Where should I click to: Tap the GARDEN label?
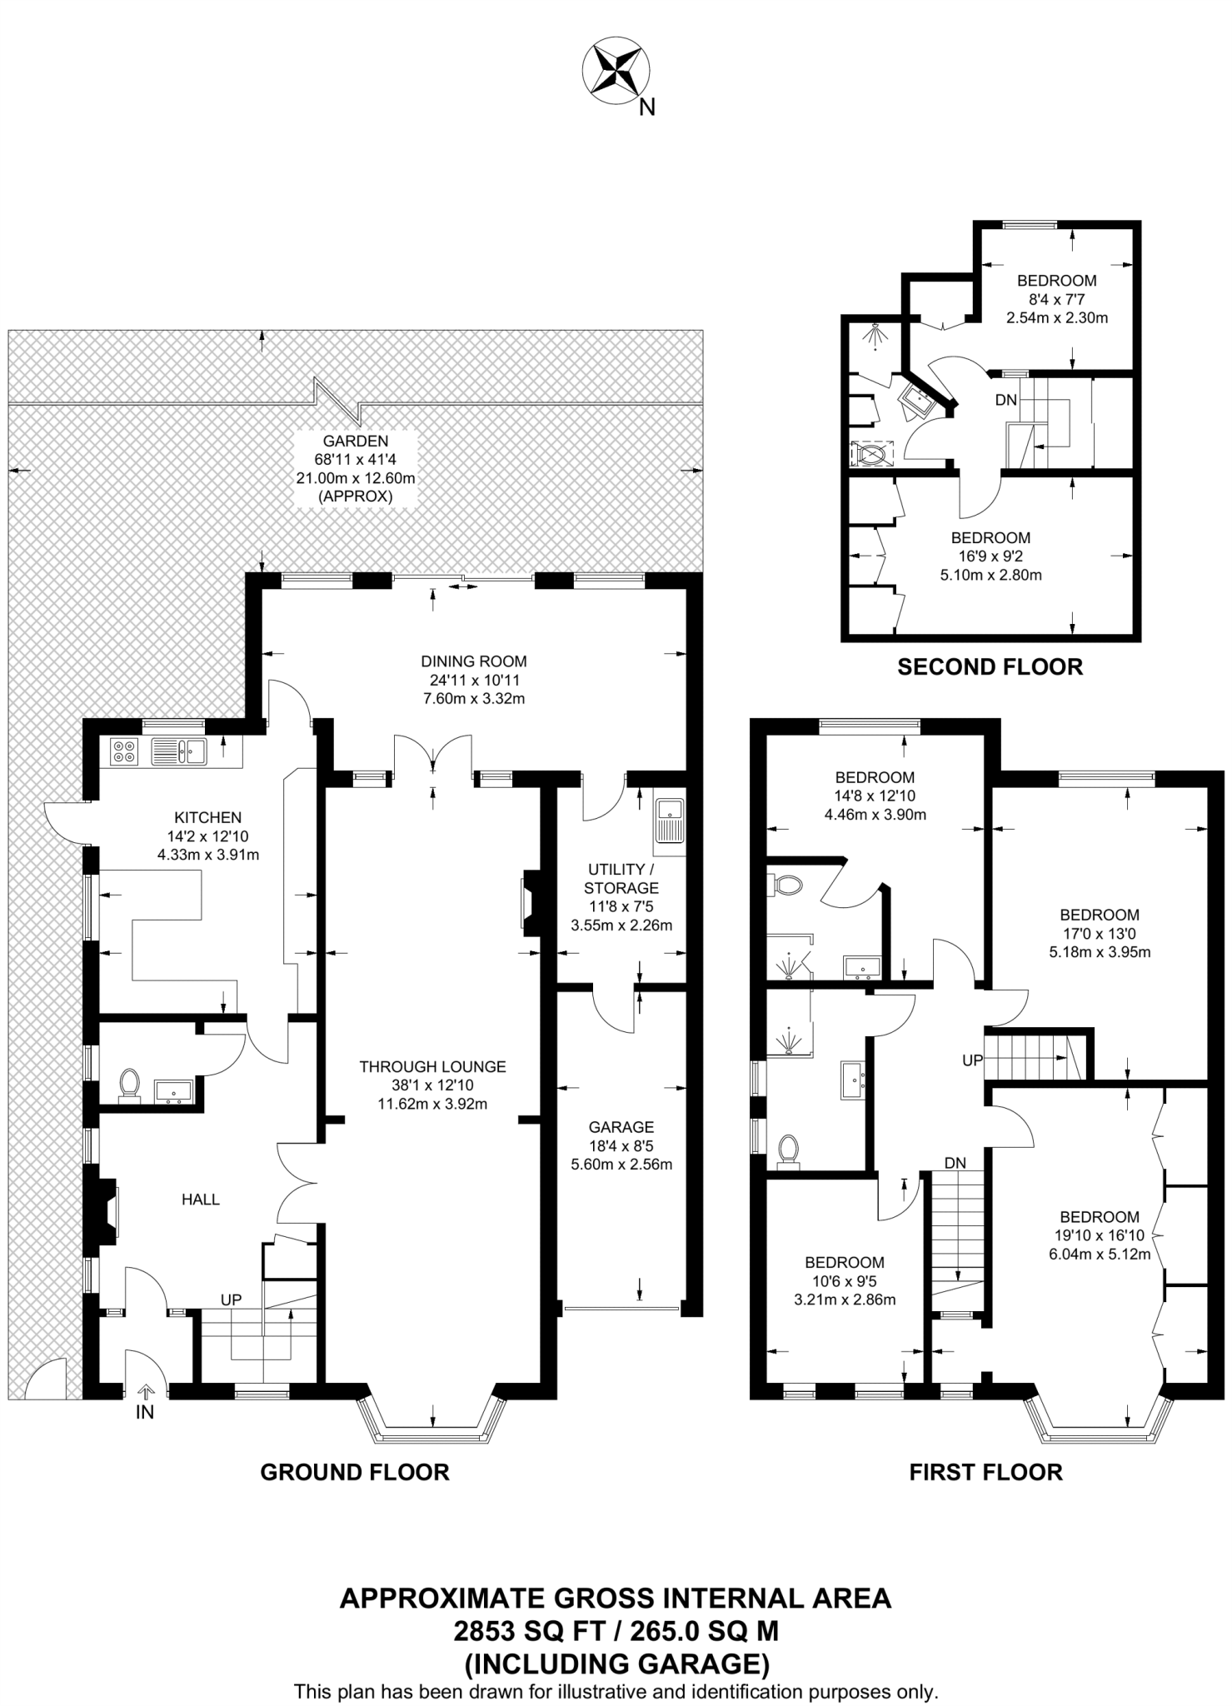pyautogui.click(x=356, y=441)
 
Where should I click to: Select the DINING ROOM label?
pyautogui.click(x=474, y=661)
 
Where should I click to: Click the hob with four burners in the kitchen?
pyautogui.click(x=124, y=752)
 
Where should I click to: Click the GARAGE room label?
pyautogui.click(x=621, y=1128)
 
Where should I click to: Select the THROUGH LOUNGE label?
pyautogui.click(x=432, y=1066)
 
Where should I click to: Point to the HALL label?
pyautogui.click(x=201, y=1200)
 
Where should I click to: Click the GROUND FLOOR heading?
pyautogui.click(x=355, y=1472)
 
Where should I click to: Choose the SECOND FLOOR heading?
pyautogui.click(x=990, y=666)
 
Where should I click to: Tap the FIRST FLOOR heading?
pyautogui.click(x=986, y=1472)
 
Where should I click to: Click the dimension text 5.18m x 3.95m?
pyautogui.click(x=1100, y=951)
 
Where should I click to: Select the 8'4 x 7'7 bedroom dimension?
pyautogui.click(x=1057, y=299)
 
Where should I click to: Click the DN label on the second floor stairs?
pyautogui.click(x=1006, y=400)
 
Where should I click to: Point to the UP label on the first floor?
pyautogui.click(x=973, y=1060)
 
